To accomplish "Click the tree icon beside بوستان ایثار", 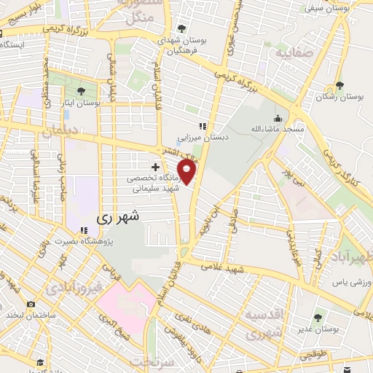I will [80, 91].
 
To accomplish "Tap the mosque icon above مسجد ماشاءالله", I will [278, 117].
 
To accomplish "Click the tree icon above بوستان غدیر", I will [318, 317].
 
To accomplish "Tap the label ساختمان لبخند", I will [30, 315].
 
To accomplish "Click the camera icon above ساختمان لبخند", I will [30, 304].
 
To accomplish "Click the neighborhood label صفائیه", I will [286, 53].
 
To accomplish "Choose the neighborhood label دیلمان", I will [59, 133].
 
